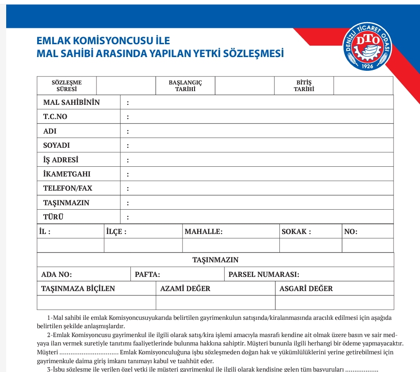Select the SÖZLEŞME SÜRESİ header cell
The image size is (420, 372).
tap(67, 86)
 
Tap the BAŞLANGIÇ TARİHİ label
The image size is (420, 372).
tap(185, 86)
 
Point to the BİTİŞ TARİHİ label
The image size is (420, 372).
tap(304, 86)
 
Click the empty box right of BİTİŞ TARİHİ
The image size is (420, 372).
tap(363, 86)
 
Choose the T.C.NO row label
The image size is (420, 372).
tap(55, 117)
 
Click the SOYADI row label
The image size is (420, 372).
tap(57, 146)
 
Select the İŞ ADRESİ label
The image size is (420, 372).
tap(61, 160)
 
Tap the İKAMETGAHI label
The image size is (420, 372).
tap(67, 174)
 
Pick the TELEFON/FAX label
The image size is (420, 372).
tap(68, 188)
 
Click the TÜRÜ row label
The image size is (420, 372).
tap(53, 217)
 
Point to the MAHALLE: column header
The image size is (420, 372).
tap(203, 232)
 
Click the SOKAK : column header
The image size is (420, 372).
tap(296, 232)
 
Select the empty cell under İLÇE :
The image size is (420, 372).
tap(143, 245)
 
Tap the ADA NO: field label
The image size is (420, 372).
tap(57, 274)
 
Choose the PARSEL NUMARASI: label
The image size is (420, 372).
tap(263, 274)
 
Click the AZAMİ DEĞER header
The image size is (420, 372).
tap(185, 289)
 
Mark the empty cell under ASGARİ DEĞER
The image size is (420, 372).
tap(334, 303)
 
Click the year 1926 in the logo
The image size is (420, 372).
tap(367, 66)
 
